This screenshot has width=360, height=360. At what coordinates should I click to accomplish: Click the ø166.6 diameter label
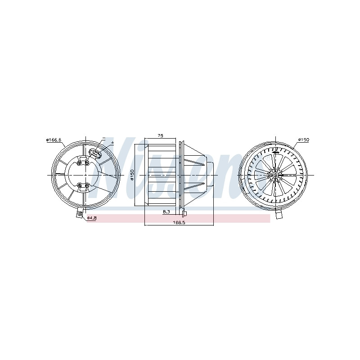pyautogui.click(x=54, y=140)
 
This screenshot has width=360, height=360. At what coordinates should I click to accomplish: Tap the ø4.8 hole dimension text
pyautogui.click(x=92, y=218)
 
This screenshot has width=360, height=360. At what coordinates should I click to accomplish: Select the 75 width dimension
pyautogui.click(x=161, y=136)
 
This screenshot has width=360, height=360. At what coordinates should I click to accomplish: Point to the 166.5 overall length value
pyautogui.click(x=179, y=222)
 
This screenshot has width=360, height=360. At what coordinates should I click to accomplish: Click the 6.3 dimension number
pyautogui.click(x=166, y=211)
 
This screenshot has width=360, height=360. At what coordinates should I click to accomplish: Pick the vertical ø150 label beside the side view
pyautogui.click(x=132, y=175)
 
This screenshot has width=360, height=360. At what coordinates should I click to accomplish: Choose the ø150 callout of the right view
pyautogui.click(x=304, y=139)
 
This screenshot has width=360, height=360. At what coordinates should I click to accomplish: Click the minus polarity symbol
pyautogui.click(x=104, y=139)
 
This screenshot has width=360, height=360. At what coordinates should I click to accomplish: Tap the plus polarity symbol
pyautogui.click(x=112, y=143)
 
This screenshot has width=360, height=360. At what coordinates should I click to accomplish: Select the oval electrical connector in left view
pyautogui.click(x=95, y=153)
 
